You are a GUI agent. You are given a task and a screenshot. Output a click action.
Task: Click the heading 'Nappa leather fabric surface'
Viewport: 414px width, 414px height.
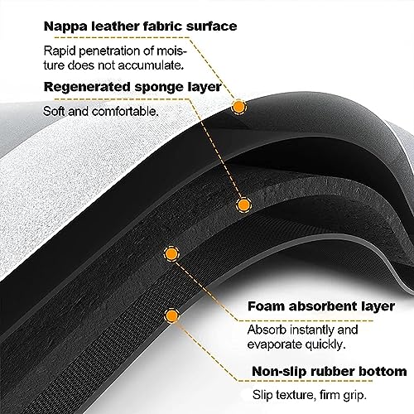pos(140,26)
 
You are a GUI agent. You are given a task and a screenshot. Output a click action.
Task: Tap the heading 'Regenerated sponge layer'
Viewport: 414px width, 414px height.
pos(132,88)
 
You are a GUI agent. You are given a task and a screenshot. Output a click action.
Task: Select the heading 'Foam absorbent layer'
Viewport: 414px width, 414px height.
pos(321,306)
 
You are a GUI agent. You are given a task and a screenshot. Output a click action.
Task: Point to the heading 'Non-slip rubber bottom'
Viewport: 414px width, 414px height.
pos(330,371)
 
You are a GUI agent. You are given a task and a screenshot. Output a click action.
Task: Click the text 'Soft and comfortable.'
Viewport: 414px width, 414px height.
pos(101,112)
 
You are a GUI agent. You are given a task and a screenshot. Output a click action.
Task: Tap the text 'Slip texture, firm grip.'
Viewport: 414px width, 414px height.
pos(310,395)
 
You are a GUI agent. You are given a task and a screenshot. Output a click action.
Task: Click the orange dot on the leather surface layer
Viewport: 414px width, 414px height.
pos(238,107)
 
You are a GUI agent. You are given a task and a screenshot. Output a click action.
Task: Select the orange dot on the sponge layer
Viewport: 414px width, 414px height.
pos(243,205)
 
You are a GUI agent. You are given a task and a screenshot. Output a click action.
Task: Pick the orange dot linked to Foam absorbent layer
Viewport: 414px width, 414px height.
pos(171,253)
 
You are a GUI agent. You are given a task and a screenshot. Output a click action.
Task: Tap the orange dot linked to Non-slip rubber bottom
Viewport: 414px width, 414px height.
pos(172,315)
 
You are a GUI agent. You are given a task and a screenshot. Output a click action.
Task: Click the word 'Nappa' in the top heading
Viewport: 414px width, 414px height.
pos(65,26)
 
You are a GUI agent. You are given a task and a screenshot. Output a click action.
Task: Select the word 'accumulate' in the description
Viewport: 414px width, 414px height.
pos(150,65)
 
